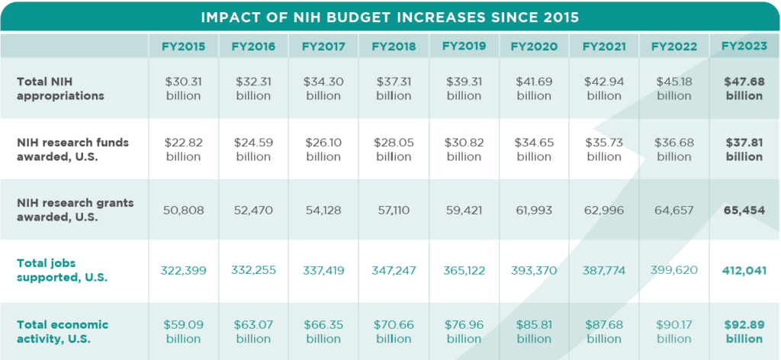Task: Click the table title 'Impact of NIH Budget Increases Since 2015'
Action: click(390, 17)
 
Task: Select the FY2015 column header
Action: click(183, 47)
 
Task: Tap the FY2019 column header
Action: click(464, 46)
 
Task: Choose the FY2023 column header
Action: click(744, 47)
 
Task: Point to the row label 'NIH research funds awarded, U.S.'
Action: click(73, 149)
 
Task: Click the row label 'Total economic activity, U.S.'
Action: click(63, 331)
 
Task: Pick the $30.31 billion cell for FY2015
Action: click(183, 88)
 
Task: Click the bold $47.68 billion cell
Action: click(744, 88)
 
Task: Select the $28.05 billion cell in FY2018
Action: click(394, 149)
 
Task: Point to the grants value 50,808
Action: click(183, 210)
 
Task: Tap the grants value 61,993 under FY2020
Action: click(533, 210)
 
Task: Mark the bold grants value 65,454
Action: click(744, 210)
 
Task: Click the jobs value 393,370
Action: click(533, 271)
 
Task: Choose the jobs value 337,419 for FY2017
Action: click(323, 271)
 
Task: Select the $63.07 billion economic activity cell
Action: click(253, 332)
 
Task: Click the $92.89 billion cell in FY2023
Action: click(744, 332)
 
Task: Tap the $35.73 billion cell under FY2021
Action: click(603, 149)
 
